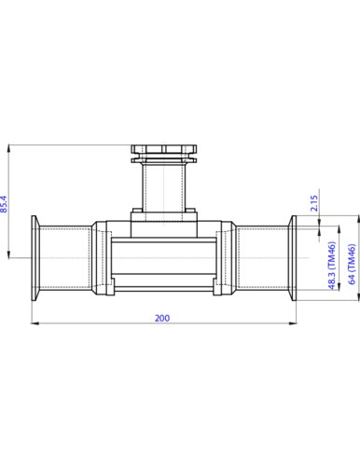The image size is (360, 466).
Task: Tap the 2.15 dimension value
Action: tap(315, 204)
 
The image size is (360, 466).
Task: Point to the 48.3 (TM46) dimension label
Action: tap(332, 268)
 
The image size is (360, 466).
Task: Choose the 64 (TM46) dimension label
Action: tap(352, 268)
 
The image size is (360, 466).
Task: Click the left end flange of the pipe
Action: tap(35, 255)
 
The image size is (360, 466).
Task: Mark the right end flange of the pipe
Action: tap(292, 255)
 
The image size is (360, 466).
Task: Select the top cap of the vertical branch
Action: tap(164, 150)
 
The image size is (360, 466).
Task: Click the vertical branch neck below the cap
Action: tap(164, 186)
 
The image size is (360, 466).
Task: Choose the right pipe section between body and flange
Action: tap(261, 255)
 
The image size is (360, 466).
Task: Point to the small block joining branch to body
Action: tap(164, 222)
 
